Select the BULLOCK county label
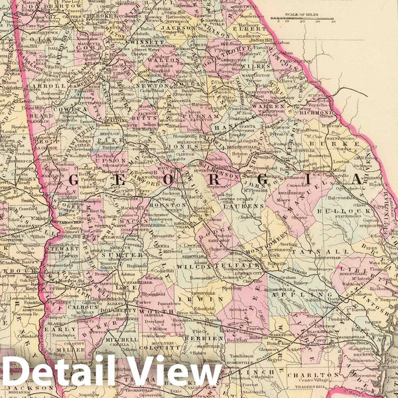click(340, 211)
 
